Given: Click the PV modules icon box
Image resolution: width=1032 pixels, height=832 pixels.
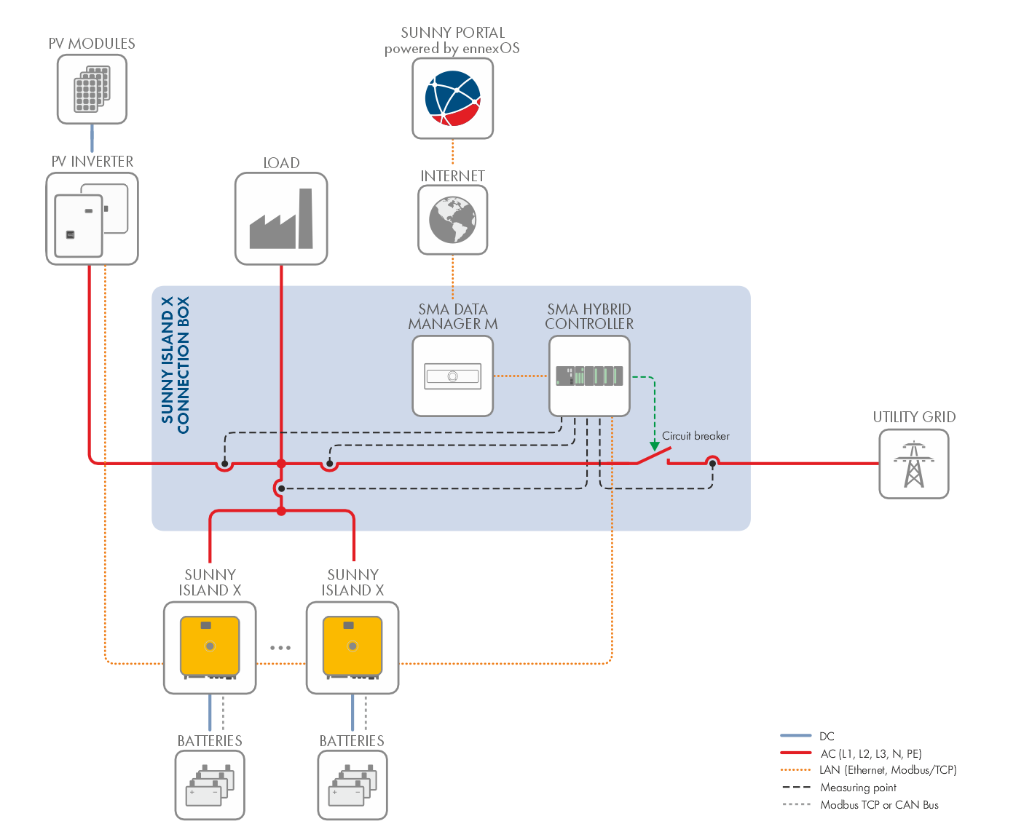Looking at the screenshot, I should tap(92, 90).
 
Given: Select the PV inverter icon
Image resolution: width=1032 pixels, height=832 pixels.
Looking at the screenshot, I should tap(92, 218).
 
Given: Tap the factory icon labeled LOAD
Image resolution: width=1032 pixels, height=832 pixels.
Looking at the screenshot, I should tap(281, 219).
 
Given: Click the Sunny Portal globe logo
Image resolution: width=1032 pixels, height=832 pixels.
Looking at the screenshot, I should tap(452, 98).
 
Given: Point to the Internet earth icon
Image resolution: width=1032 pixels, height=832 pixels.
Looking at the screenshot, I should tap(452, 220).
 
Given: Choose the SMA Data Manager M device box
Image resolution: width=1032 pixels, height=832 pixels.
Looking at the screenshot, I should tap(452, 376).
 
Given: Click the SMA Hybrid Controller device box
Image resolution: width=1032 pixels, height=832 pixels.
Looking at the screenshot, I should tap(589, 376).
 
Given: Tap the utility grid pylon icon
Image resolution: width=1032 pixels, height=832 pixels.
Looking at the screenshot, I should tap(913, 464).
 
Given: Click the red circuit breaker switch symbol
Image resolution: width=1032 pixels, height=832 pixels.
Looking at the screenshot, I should tap(653, 456).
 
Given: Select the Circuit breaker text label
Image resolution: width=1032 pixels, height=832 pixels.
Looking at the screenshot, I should tap(696, 436).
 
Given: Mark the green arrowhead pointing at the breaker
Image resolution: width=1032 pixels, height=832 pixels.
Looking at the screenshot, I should tap(655, 445).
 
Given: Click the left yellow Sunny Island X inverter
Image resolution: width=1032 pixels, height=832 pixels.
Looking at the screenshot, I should tap(210, 647).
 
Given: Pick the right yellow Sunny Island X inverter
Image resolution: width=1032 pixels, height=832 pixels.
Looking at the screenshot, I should tap(352, 647).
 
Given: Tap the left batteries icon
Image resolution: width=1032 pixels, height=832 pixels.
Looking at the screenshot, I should tap(210, 785).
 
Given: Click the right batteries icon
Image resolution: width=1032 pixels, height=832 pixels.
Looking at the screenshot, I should tap(352, 785).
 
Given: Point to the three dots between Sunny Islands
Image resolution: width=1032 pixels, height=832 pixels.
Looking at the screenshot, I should tap(280, 647).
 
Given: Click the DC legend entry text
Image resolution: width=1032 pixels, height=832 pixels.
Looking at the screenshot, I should tap(827, 736).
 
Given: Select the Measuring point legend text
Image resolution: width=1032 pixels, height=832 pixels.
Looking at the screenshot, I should tap(858, 788).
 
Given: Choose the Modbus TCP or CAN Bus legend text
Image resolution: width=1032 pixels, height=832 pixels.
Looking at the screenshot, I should tap(879, 805).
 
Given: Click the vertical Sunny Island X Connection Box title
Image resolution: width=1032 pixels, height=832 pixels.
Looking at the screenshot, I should tap(176, 365).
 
